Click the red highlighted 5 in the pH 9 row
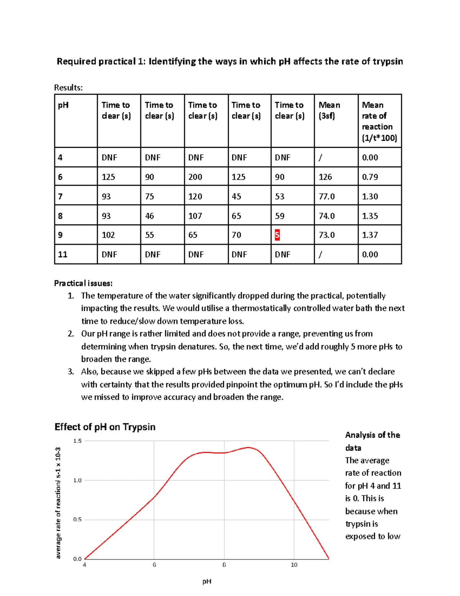[277, 235]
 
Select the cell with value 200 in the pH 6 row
[195, 177]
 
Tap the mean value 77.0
[327, 196]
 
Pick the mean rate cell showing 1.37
[370, 235]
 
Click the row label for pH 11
[62, 254]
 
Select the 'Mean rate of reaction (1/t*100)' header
[379, 121]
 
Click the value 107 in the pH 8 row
[195, 216]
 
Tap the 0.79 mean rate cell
[370, 177]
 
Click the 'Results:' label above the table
[68, 88]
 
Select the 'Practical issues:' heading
[83, 283]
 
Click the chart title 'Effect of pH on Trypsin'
[105, 427]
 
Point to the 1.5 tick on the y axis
[77, 441]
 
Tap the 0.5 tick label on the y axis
[77, 520]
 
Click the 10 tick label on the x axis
[294, 565]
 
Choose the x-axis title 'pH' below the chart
[207, 581]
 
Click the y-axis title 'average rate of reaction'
[58, 503]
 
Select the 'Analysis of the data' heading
[372, 441]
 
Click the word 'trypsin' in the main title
[388, 61]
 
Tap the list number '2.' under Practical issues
[71, 334]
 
